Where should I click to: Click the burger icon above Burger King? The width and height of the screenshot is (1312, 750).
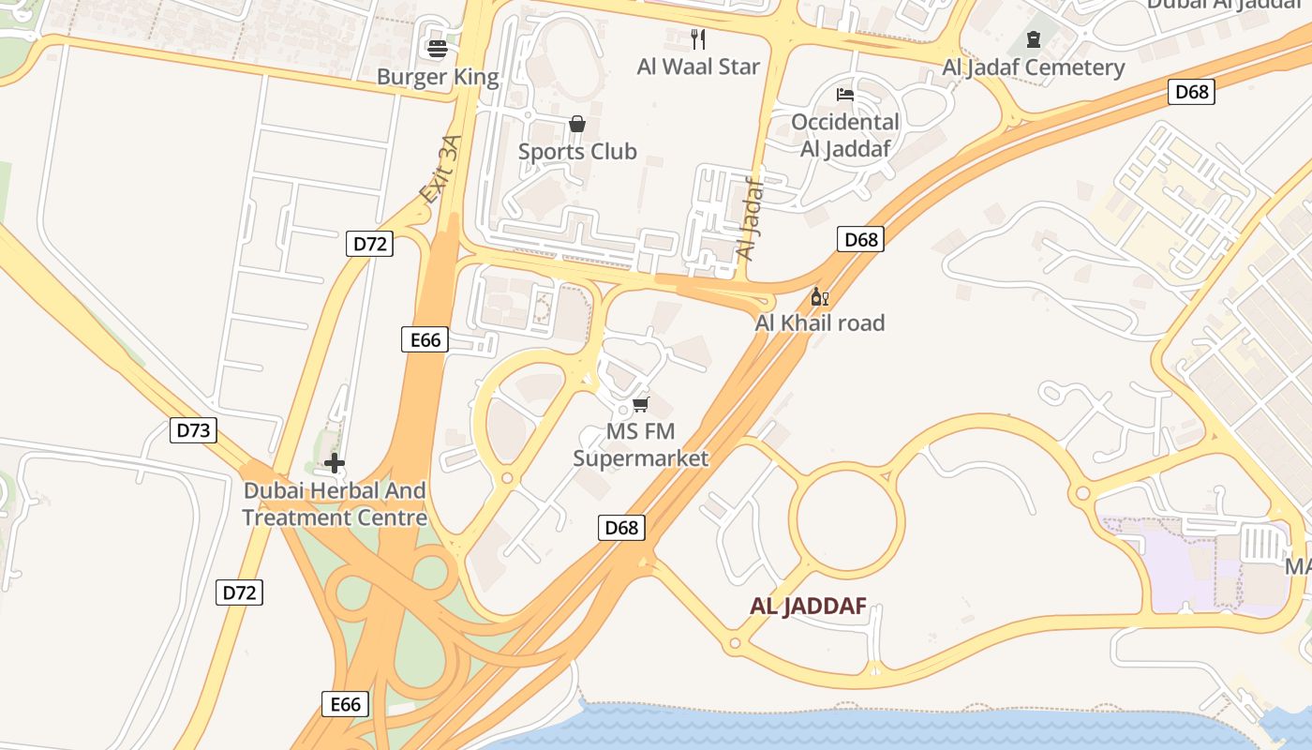point(438,48)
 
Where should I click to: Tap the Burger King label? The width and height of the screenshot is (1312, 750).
point(438,77)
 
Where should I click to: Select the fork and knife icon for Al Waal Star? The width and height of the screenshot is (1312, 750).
point(697,38)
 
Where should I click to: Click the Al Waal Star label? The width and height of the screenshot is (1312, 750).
point(698,67)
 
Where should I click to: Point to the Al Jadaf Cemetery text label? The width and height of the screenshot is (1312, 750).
point(1033,67)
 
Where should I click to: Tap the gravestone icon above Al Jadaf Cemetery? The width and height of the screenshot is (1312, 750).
point(1033,39)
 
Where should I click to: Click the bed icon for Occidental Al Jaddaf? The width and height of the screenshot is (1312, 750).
point(844,94)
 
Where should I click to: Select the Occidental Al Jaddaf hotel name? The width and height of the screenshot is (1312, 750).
point(844,135)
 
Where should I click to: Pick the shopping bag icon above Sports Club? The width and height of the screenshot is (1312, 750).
point(576,124)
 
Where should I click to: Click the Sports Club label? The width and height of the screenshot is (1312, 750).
point(577,152)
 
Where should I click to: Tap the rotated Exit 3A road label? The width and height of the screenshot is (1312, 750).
point(441,170)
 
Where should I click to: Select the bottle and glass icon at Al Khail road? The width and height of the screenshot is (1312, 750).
point(819,297)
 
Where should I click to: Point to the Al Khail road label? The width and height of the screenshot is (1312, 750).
point(820,323)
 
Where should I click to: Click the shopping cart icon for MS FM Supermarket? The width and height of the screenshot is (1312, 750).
point(640,404)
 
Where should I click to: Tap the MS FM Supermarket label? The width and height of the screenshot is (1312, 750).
point(641,445)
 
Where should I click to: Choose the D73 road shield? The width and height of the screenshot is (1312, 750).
point(193,430)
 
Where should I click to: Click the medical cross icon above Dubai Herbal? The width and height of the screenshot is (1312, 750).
point(335,463)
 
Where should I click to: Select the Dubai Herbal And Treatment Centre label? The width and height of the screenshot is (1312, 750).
point(335,504)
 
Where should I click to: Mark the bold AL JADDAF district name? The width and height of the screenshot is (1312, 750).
point(807,607)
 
